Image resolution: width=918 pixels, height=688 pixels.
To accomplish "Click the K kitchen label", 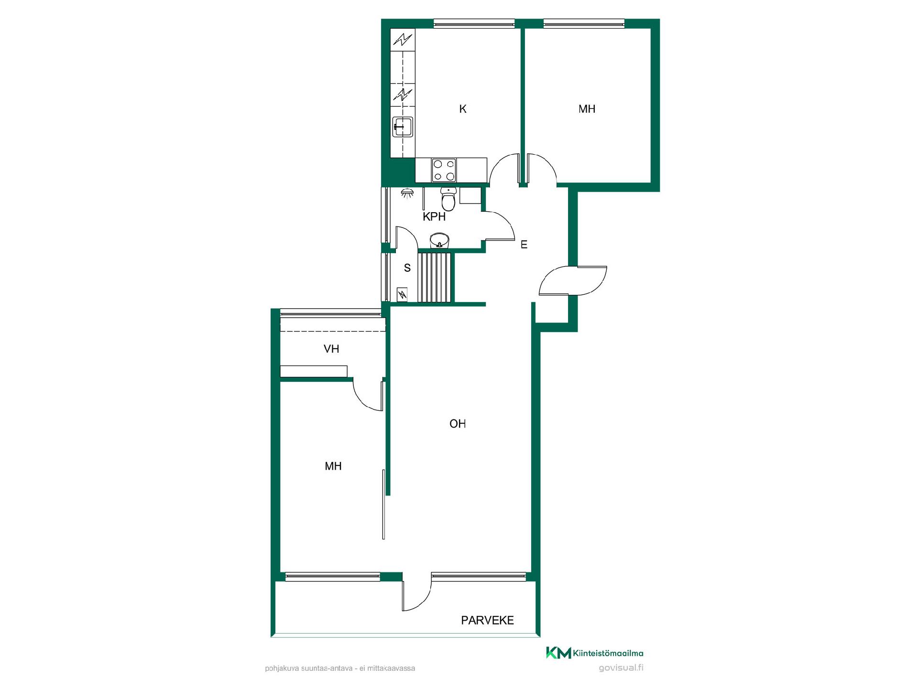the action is click(x=462, y=109).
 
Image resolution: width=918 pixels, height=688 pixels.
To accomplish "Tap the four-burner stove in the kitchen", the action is click(x=444, y=170).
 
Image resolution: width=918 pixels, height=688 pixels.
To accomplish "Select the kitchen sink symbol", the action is click(x=403, y=127).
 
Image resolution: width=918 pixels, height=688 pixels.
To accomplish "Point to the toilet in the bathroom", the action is click(x=448, y=199).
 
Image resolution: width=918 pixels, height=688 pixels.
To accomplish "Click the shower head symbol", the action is click(x=407, y=193).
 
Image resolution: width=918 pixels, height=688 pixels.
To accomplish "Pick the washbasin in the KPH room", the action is click(x=439, y=240).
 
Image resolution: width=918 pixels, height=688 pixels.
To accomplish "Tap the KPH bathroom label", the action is click(x=434, y=217).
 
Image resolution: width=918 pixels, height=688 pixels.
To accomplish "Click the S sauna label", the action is click(x=407, y=268).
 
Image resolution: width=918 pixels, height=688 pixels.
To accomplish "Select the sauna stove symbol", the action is click(x=402, y=295).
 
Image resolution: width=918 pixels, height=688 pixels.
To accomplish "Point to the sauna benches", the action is click(x=435, y=278).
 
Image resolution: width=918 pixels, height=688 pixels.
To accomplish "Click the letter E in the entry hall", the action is click(x=524, y=245).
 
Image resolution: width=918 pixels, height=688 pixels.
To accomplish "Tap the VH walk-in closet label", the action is click(x=331, y=349).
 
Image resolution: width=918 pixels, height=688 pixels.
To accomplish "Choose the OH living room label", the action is click(x=458, y=424).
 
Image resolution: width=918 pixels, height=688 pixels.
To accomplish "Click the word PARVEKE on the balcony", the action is click(x=487, y=620).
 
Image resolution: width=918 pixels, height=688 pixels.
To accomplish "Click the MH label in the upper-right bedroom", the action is click(x=587, y=109).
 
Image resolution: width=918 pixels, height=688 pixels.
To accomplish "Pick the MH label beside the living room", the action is click(x=333, y=466).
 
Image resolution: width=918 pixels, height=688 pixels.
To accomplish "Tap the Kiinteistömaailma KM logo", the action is click(x=595, y=653).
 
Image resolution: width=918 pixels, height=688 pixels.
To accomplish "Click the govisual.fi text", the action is click(x=621, y=668).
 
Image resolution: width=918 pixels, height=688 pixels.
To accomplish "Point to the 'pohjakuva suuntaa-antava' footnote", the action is click(x=340, y=668).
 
